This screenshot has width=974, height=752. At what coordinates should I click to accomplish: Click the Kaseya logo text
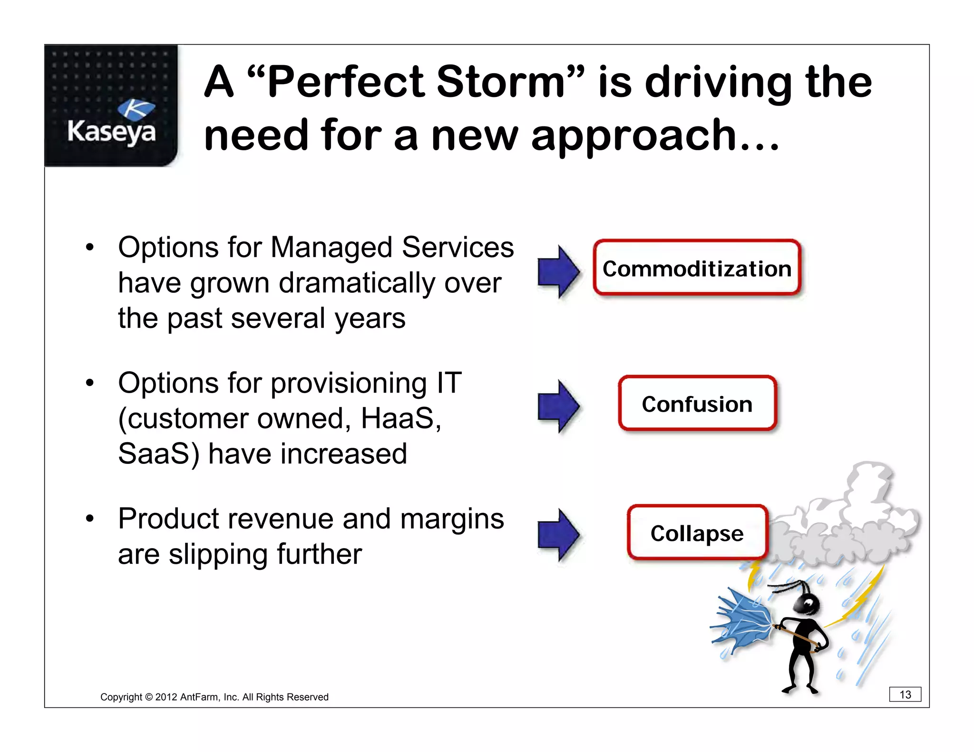point(111,132)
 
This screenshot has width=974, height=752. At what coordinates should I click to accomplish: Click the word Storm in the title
point(500,82)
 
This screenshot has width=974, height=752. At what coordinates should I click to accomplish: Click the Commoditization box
point(697,268)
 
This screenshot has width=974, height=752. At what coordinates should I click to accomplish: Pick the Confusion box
point(697,404)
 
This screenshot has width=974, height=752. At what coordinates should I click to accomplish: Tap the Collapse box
point(697,533)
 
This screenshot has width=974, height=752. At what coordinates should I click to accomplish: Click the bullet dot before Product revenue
point(90,519)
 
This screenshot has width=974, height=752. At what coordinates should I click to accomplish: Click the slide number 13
point(905,694)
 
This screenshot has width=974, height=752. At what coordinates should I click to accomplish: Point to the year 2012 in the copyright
point(166,697)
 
